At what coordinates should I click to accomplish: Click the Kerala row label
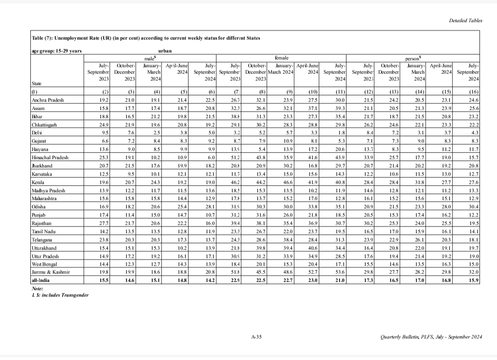(37, 183)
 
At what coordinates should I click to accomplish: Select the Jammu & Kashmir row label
(47, 272)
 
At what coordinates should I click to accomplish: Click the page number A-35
(256, 337)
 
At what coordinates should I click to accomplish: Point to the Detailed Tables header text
(466, 21)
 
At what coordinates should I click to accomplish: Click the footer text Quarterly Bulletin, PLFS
(431, 337)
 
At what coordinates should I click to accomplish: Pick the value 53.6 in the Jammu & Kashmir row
(340, 272)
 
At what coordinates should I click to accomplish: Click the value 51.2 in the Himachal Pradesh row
(237, 158)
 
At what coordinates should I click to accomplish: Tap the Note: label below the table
(37, 288)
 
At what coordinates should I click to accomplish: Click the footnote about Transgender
(60, 295)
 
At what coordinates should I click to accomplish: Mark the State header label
(36, 84)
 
